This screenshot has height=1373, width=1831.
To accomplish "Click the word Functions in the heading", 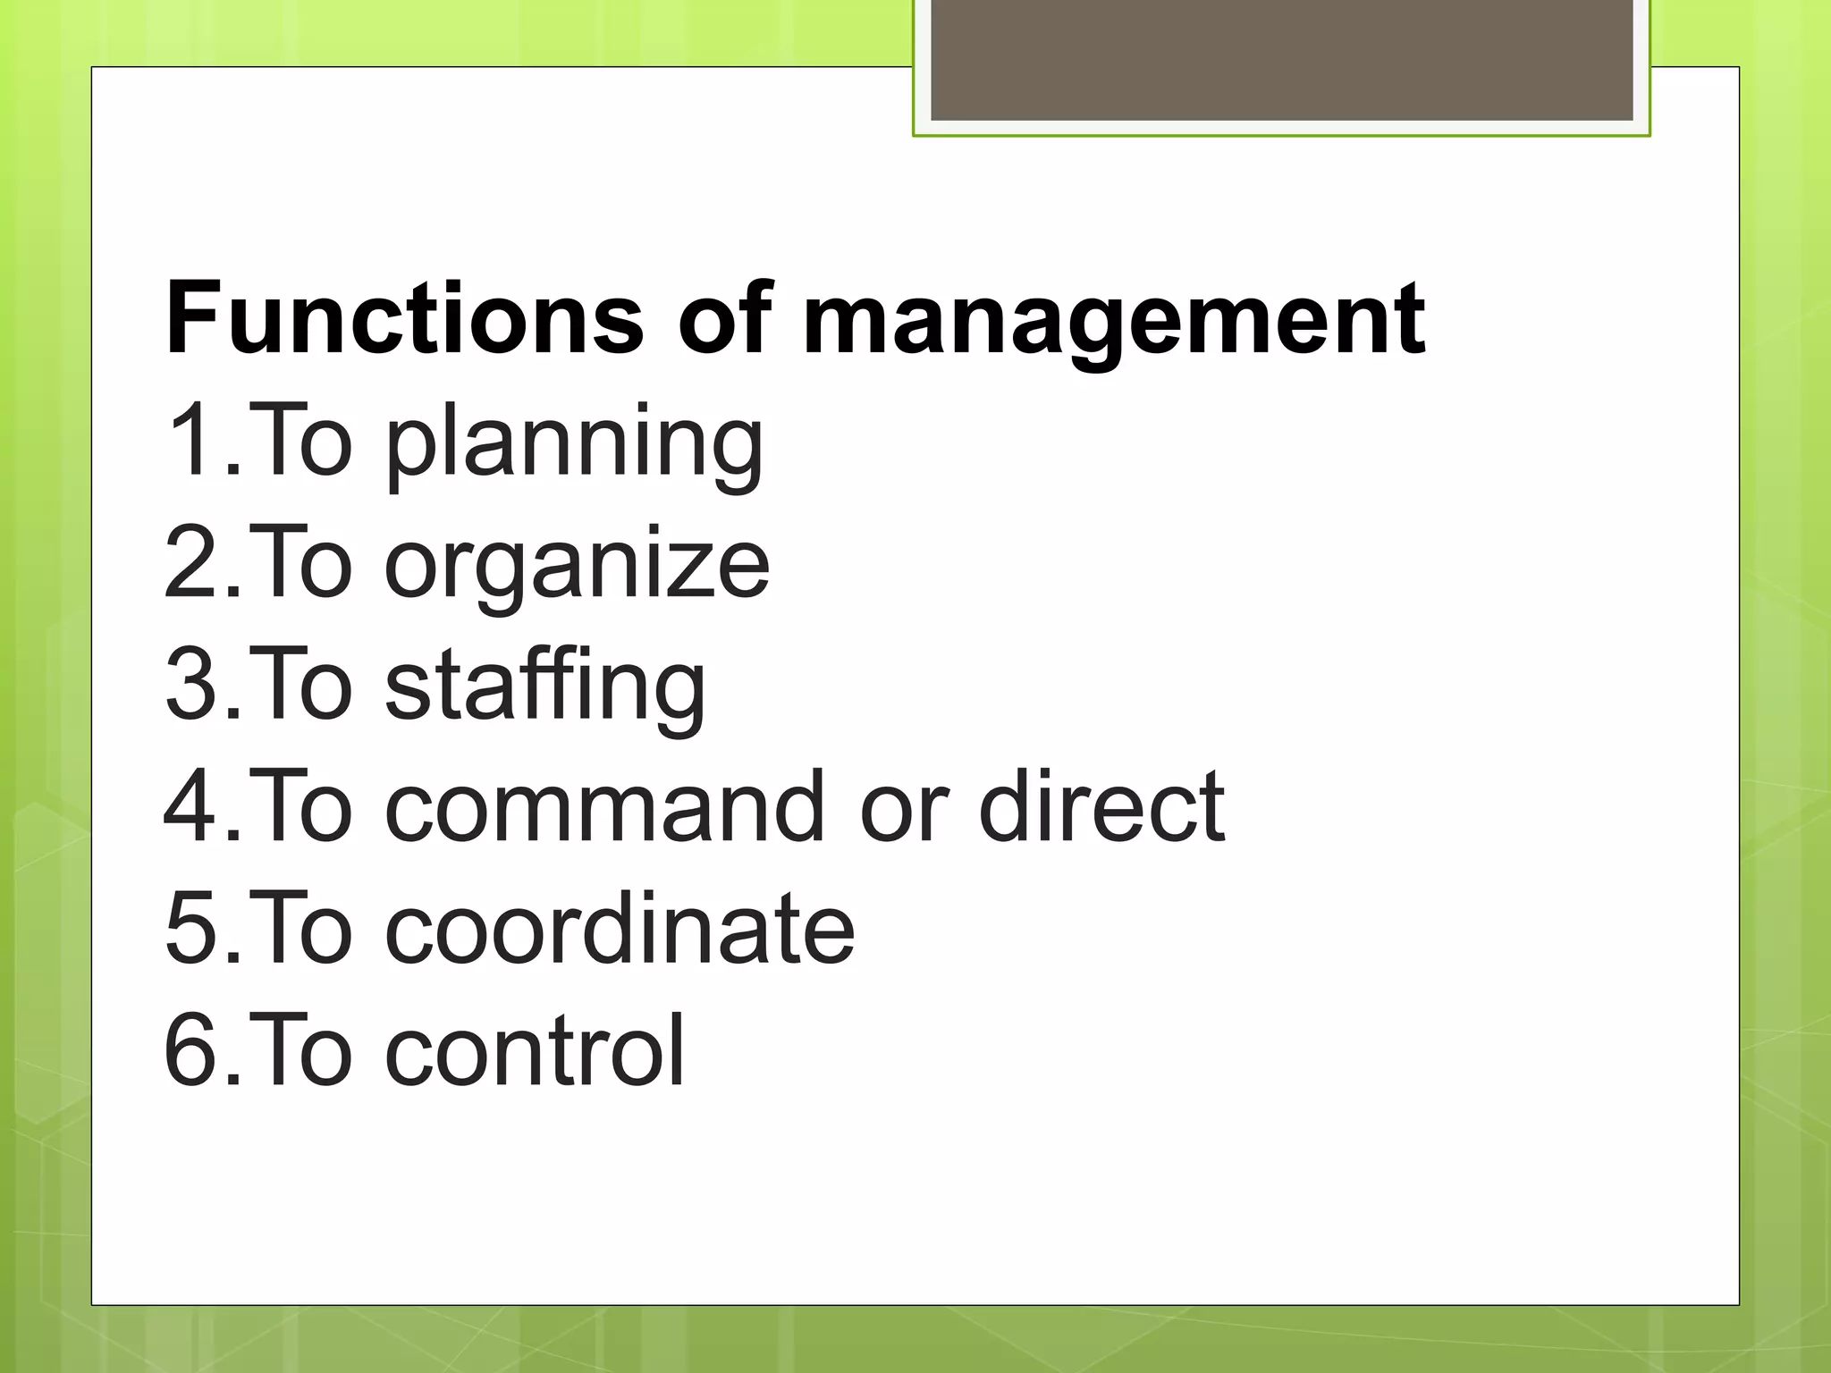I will point(404,318).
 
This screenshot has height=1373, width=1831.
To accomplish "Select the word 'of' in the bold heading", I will point(725,318).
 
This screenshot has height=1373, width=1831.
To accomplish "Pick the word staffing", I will point(545,686).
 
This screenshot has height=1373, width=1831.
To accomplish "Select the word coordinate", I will point(620,929).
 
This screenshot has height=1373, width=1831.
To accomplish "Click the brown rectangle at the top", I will point(1281,59).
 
